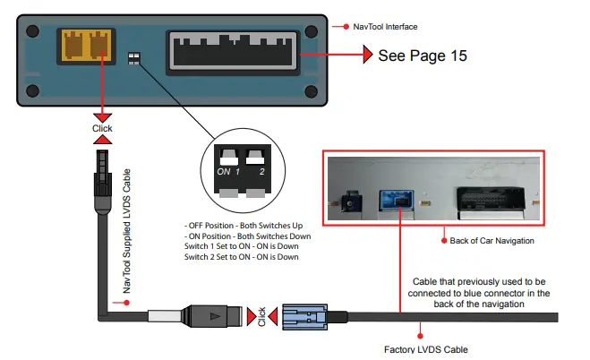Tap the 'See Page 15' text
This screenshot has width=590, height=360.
pos(423,56)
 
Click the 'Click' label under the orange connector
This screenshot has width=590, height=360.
pos(103,127)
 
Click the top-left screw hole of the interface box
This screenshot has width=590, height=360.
pos(32,31)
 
